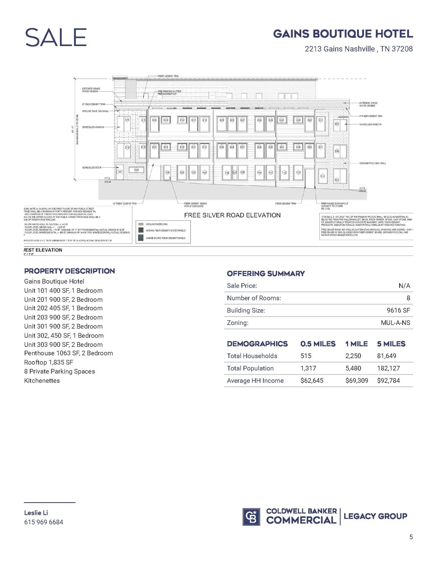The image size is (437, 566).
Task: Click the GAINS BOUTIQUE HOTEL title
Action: (x=343, y=34)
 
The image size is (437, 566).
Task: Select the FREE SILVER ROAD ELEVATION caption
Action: (x=232, y=215)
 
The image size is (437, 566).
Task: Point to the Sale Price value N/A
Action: (x=404, y=286)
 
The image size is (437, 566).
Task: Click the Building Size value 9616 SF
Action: (x=398, y=310)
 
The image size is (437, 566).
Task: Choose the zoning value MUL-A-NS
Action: (x=395, y=323)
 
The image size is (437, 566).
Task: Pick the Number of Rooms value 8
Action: (x=408, y=298)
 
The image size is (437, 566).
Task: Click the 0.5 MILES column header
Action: (x=318, y=344)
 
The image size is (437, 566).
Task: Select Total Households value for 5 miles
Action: (x=386, y=356)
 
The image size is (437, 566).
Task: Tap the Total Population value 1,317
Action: (x=308, y=368)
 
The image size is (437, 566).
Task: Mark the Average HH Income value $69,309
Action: (x=357, y=381)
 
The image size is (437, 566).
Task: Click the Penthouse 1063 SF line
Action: (x=68, y=353)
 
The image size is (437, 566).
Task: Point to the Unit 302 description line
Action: (x=64, y=336)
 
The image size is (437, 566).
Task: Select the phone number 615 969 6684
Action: (x=44, y=522)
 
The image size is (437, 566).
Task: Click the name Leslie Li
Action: (x=36, y=513)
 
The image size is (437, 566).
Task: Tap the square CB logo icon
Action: (x=251, y=517)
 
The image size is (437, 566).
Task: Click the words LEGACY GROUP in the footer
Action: (x=375, y=516)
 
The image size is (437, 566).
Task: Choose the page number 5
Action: (x=411, y=537)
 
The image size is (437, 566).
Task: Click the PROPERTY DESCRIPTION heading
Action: (x=69, y=271)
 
